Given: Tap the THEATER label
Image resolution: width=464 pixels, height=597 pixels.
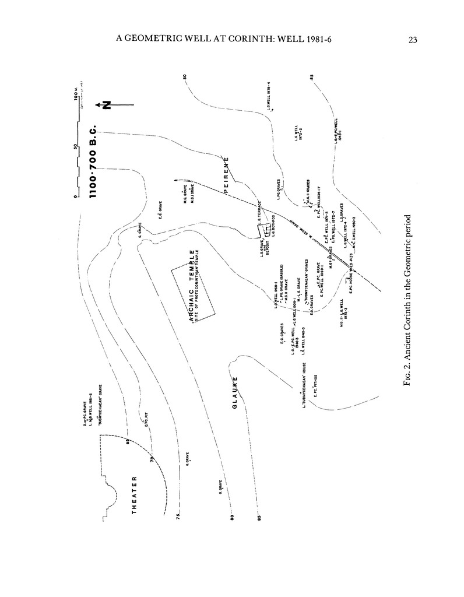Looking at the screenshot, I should pos(135,494).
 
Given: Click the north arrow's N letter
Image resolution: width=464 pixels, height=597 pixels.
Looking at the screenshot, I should pos(106,105).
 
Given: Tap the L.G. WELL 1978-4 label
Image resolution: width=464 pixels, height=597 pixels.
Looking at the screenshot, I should pos(269,96).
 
